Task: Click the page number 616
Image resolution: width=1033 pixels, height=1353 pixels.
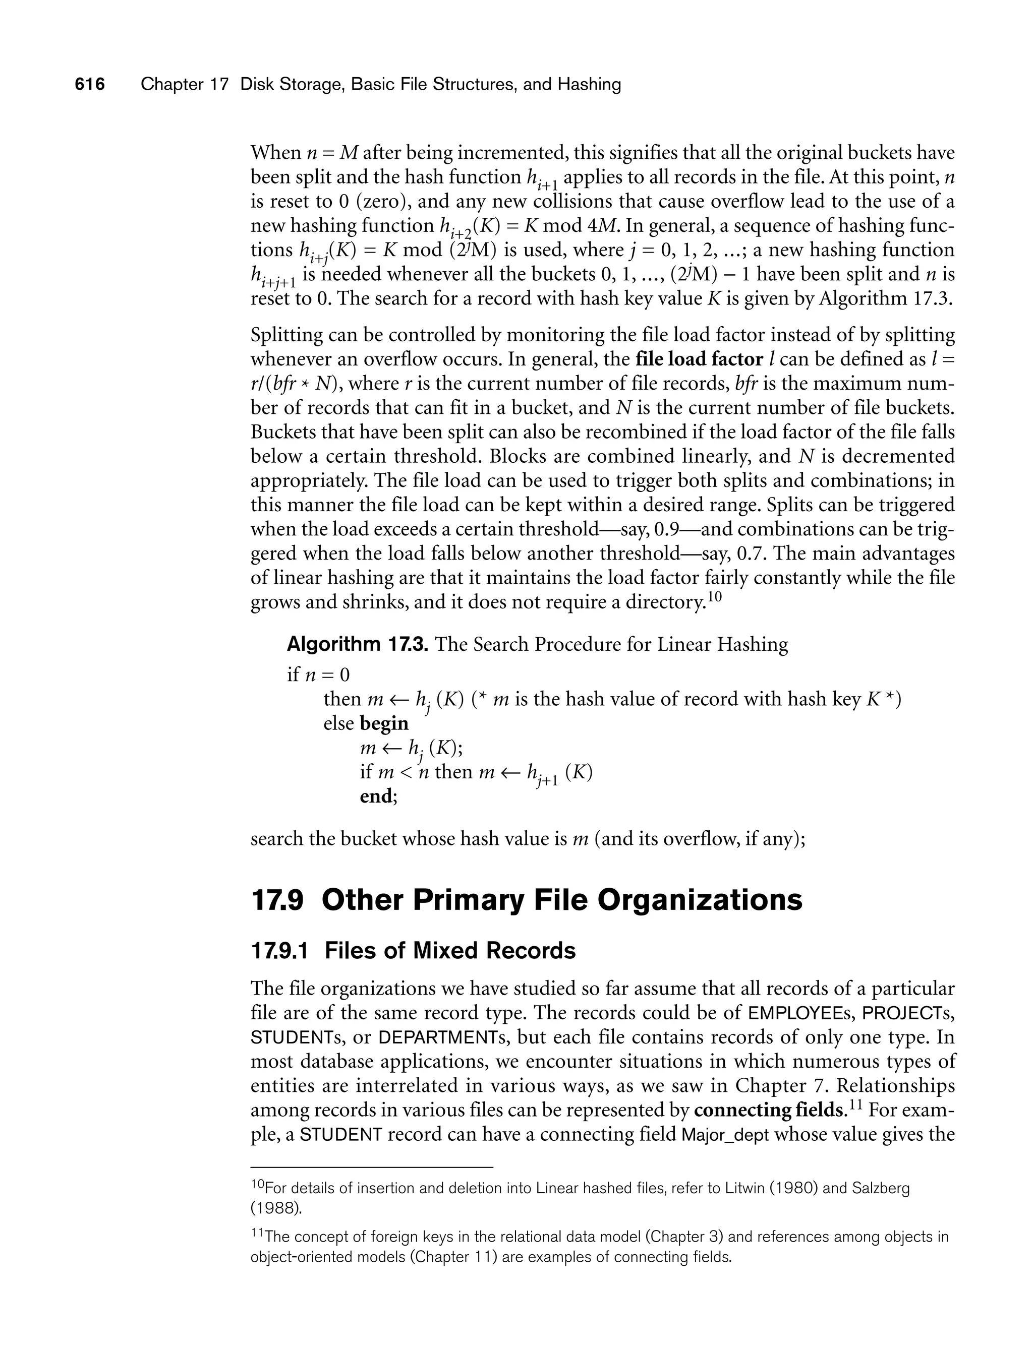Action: (x=90, y=84)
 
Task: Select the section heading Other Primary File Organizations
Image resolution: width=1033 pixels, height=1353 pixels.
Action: (x=561, y=900)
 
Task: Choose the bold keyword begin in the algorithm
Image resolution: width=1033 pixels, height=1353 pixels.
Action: (x=384, y=724)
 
